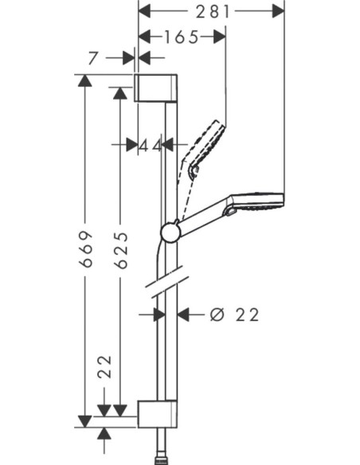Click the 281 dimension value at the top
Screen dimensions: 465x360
tap(212, 11)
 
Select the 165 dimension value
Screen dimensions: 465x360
tap(182, 37)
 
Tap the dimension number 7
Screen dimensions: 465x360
tap(95, 57)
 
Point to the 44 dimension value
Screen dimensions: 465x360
tap(150, 145)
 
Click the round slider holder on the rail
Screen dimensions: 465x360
tap(170, 232)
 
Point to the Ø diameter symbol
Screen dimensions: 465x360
tap(216, 315)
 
